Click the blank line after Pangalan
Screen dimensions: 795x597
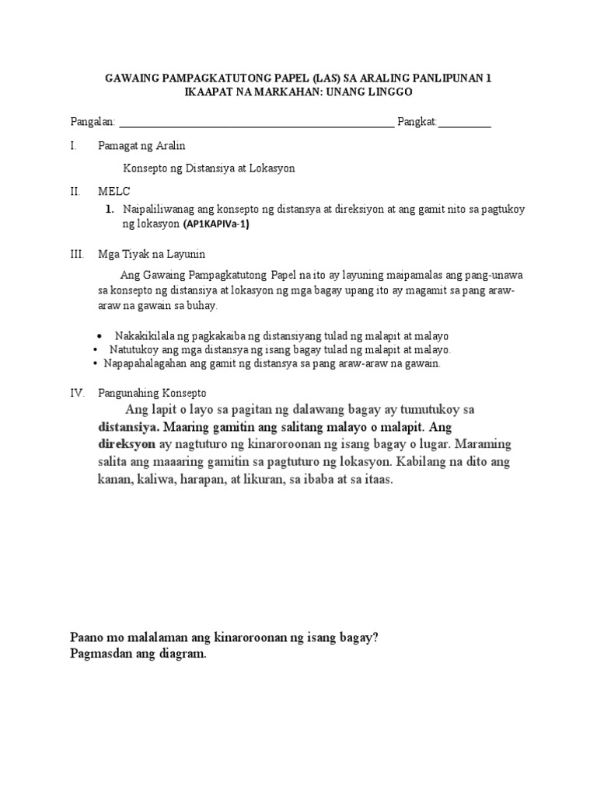tap(257, 123)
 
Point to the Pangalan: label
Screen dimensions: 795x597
tap(93, 123)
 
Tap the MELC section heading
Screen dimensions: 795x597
tap(114, 191)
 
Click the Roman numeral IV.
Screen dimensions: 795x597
tap(77, 393)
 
